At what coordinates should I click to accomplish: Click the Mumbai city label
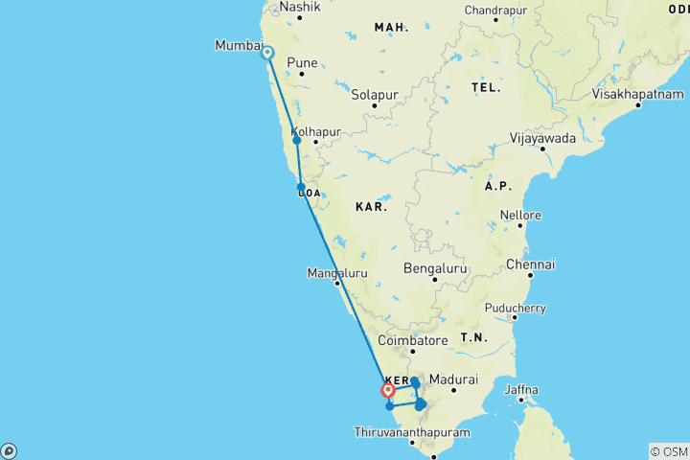point(238,45)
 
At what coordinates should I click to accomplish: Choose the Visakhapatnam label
point(637,94)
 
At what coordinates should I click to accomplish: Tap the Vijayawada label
point(543,137)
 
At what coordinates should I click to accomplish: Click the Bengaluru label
point(435,268)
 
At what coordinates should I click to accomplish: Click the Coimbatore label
point(413,340)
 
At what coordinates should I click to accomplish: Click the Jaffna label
point(522,389)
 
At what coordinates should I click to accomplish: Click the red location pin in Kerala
point(389,390)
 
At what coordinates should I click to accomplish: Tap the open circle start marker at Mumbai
point(267,54)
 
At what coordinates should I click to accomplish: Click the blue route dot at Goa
point(301,188)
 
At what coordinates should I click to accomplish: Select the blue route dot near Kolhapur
point(297,141)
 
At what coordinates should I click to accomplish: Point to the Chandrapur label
point(496,10)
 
